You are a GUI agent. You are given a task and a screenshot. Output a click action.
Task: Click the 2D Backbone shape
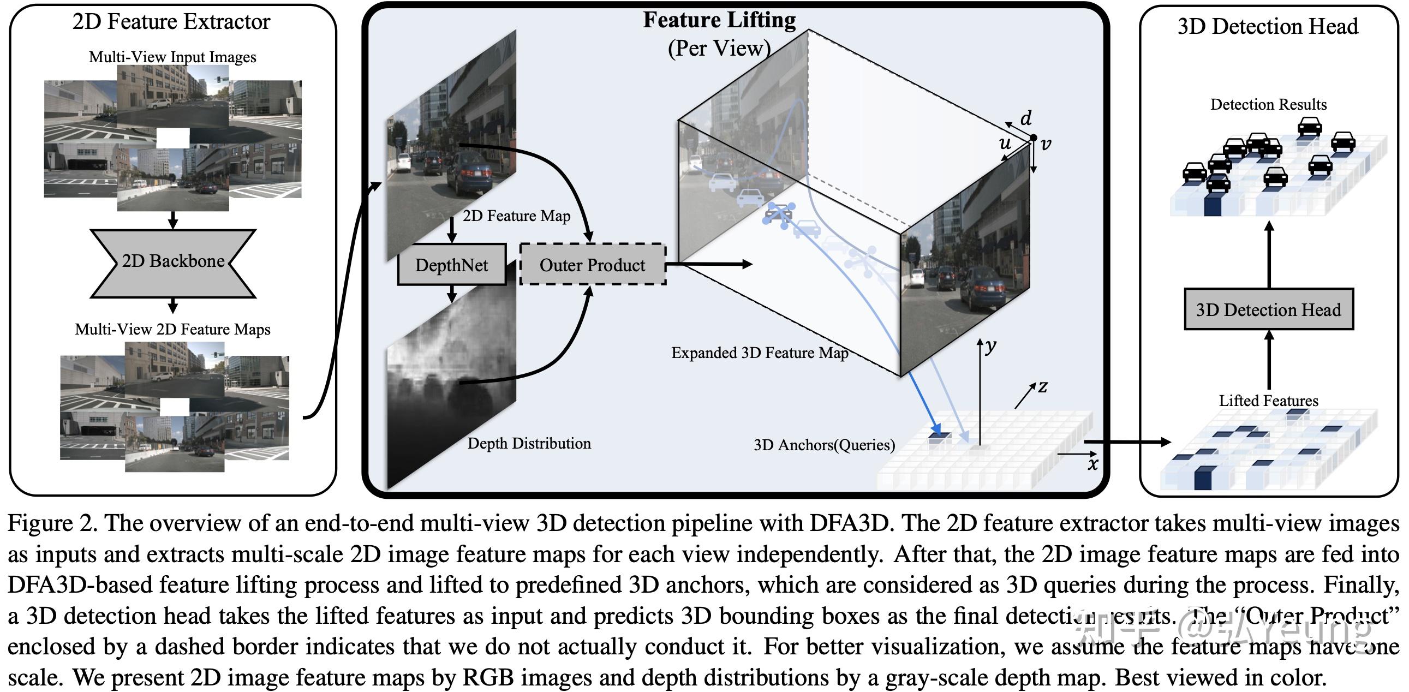[x=173, y=263]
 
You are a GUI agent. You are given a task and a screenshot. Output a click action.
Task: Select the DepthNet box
[x=452, y=265]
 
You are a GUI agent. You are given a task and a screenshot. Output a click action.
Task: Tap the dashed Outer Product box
[x=593, y=265]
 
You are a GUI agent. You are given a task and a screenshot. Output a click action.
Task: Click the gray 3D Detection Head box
[x=1268, y=309]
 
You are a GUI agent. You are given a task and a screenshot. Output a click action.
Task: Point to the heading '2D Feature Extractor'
[x=171, y=22]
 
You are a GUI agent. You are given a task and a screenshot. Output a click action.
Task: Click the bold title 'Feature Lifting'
[x=719, y=20]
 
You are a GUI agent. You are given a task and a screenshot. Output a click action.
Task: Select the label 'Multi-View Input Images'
[x=172, y=57]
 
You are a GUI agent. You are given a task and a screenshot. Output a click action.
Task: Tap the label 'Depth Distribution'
[x=529, y=443]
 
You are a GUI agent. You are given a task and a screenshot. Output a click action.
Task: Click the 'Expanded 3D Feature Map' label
[x=759, y=353]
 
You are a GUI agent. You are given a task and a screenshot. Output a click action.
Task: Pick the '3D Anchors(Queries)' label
[x=824, y=445]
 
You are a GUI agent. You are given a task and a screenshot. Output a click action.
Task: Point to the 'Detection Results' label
[x=1268, y=104]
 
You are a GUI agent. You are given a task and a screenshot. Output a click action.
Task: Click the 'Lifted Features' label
[x=1268, y=401]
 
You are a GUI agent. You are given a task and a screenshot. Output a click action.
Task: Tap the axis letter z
[x=1042, y=386]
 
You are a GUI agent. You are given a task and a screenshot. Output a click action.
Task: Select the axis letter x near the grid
[x=1092, y=464]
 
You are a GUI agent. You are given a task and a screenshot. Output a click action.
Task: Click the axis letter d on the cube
[x=1026, y=118]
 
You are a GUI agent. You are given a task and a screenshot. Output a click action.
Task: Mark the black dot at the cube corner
[x=1032, y=138]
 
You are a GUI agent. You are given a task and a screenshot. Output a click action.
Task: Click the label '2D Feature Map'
[x=516, y=216]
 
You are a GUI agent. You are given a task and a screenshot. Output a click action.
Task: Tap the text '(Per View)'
[x=719, y=48]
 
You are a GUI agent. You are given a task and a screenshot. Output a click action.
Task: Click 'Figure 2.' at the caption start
[x=52, y=523]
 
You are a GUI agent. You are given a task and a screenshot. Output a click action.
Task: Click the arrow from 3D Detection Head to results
[x=1269, y=254]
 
